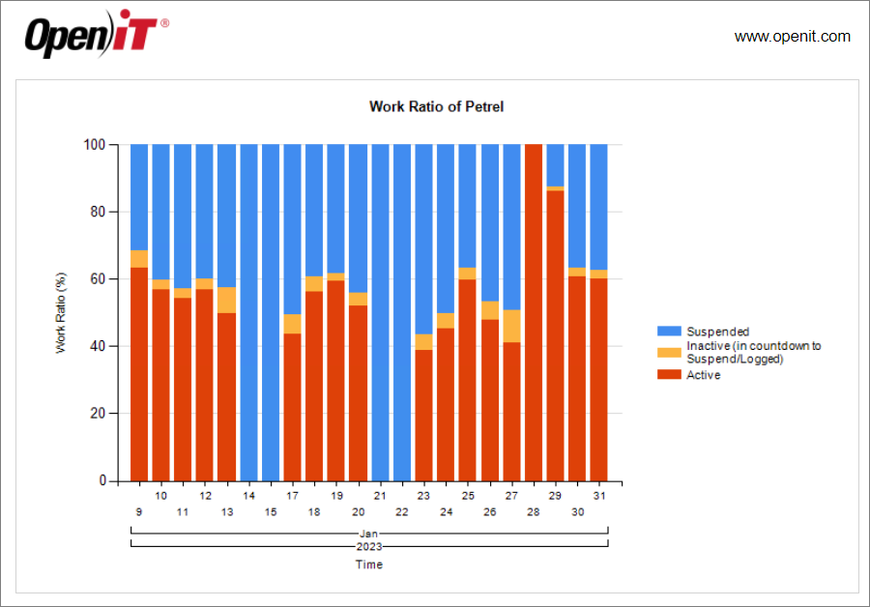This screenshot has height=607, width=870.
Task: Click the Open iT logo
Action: coord(96,36)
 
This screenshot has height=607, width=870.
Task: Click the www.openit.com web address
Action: coord(792,37)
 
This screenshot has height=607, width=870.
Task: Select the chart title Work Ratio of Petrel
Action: coord(436,106)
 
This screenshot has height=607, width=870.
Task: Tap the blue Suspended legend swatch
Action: coord(669,332)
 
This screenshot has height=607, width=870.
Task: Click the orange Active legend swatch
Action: coord(669,374)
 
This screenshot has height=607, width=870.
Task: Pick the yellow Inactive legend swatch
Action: coord(669,353)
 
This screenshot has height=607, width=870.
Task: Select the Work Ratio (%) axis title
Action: coord(61,312)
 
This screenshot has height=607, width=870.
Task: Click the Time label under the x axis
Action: coord(368,564)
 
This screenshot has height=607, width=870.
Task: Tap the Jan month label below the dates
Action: coord(368,533)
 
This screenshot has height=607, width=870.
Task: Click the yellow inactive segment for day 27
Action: coord(511,326)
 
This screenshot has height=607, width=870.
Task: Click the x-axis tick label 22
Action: coord(402,511)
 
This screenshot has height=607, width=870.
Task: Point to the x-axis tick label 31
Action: coord(599,495)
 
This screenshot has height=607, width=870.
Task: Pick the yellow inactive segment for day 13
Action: coord(226,300)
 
